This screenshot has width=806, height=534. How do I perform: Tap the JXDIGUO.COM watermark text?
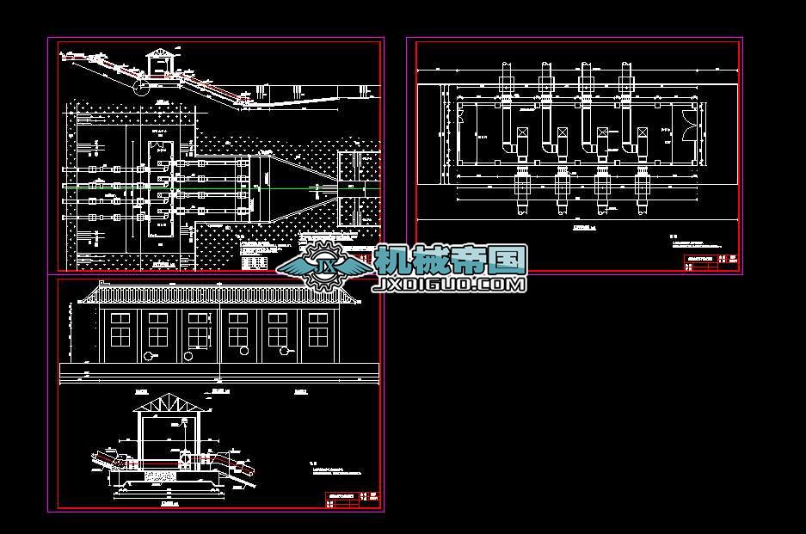[448, 283]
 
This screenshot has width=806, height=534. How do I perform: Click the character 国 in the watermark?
[509, 260]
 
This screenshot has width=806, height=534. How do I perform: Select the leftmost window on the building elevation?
[119, 329]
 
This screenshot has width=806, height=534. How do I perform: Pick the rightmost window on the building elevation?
[318, 329]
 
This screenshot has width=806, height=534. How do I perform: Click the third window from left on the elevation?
[198, 329]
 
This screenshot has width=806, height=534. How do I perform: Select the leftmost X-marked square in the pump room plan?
[522, 133]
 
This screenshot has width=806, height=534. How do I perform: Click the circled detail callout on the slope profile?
[145, 84]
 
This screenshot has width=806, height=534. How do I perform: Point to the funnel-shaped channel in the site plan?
[297, 185]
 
